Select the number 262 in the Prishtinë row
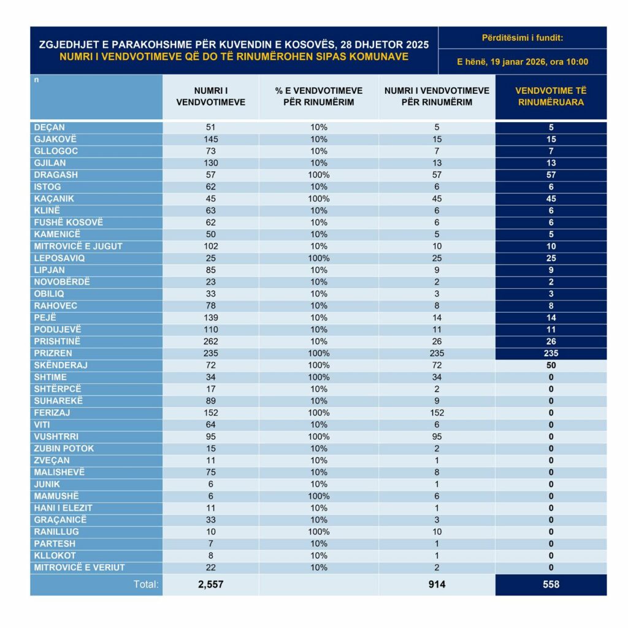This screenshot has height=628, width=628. point(210,342)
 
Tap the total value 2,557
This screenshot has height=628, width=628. point(210,584)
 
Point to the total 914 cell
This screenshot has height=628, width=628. point(437,584)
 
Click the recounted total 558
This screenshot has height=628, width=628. point(551,584)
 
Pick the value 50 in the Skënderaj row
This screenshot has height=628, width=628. point(551,366)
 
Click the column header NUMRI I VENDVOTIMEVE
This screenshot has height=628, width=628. point(210,96)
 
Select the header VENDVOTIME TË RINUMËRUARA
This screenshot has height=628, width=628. point(551,96)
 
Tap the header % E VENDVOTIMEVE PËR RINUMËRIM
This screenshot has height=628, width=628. point(319,96)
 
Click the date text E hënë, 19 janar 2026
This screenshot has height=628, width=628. point(523,61)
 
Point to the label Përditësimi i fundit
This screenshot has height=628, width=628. point(523,38)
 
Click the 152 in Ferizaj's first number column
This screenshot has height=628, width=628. point(210,413)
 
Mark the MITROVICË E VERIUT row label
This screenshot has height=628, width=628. point(75,567)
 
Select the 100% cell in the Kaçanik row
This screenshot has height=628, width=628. point(319,199)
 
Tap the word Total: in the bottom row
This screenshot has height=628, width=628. point(147,584)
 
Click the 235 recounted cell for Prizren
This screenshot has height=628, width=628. point(551,353)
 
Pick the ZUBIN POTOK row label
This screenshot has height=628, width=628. point(64,448)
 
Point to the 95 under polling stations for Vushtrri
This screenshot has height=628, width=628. point(210,437)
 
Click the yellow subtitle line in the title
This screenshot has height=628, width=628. point(234,56)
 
